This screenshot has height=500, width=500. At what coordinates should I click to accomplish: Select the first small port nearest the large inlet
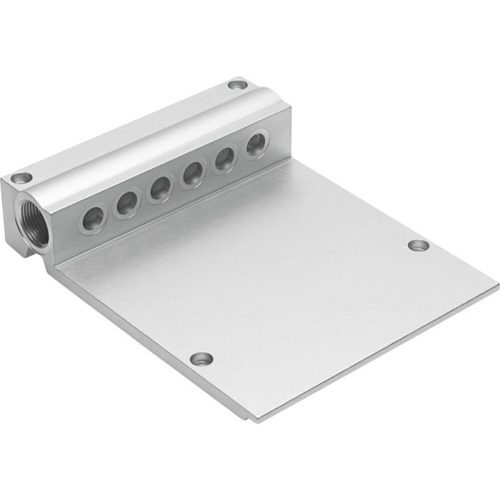tap(94, 219)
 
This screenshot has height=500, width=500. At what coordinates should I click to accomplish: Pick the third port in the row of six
tap(160, 189)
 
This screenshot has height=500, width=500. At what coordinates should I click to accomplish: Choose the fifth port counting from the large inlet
tap(225, 159)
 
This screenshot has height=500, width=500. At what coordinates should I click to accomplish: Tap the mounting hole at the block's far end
tap(237, 85)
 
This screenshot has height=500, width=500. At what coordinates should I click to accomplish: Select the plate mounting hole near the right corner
tap(419, 245)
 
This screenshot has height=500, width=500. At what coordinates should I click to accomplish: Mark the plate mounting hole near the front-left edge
tap(201, 357)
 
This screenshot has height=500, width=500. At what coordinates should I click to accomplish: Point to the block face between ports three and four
tap(176, 184)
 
